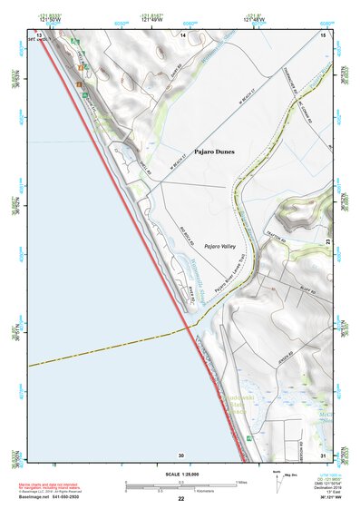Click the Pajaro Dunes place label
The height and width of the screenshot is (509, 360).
[x=216, y=156]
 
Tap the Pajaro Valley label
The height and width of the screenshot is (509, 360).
[x=219, y=246]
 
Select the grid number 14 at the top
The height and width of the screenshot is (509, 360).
[x=182, y=34]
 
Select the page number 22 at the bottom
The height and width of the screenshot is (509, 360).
[x=180, y=499]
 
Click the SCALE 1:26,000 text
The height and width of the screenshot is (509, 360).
[x=180, y=475]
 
